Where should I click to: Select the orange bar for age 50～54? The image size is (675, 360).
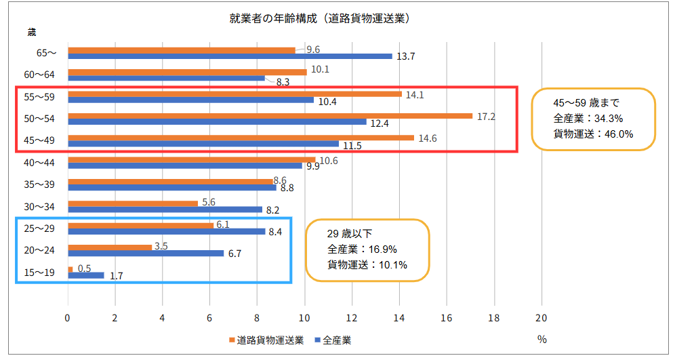270,116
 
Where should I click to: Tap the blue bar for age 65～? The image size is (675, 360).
230,56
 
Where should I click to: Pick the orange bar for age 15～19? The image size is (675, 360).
70,269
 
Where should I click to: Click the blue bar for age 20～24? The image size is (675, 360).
146,254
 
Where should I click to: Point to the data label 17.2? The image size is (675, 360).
487,117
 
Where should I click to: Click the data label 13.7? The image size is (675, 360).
406,56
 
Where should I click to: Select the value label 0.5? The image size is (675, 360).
85,268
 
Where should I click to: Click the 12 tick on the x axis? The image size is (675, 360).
352,317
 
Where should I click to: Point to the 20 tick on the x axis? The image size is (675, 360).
541,317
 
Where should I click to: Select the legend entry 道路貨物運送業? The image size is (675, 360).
270,340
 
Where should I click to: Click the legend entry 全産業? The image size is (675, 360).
337,340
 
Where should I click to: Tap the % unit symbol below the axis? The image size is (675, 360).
541,340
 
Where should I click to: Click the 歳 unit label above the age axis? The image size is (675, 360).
32,32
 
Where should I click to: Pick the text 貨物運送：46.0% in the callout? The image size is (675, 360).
593,134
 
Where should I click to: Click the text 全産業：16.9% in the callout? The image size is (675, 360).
362,249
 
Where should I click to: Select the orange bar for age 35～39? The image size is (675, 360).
170,181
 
